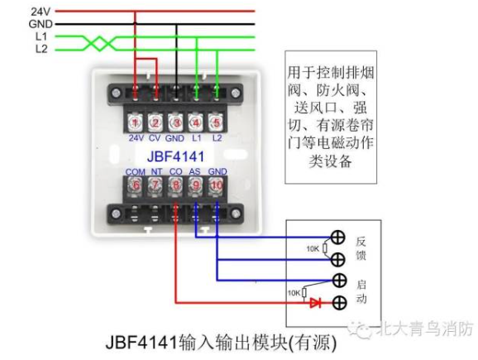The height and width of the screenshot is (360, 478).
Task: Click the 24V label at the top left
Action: [x=41, y=12]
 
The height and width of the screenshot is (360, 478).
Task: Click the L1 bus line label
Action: [x=41, y=36]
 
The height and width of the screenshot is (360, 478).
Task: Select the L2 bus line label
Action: [x=41, y=49]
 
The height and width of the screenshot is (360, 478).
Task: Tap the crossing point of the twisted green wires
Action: [x=99, y=43]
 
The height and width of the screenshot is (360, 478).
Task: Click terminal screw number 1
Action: [x=135, y=122]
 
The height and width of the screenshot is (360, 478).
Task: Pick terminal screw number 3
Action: [x=176, y=122]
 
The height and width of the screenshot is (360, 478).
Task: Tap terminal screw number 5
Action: [x=217, y=122]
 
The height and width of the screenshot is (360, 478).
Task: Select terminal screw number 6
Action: [x=135, y=185]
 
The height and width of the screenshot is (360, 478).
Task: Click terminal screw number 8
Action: [x=176, y=185]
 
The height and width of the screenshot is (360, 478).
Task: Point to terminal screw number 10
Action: [x=217, y=185]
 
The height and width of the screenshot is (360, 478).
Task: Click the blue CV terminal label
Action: [x=155, y=138]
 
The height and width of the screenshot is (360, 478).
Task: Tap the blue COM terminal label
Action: [x=135, y=172]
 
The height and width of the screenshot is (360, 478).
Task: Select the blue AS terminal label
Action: [x=195, y=171]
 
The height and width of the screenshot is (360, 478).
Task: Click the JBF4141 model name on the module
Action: [x=175, y=156]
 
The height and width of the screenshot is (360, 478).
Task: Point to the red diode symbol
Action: [x=315, y=303]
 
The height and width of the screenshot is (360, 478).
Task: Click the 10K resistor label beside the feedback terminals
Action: [x=313, y=249]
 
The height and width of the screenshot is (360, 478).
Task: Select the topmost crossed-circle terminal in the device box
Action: [x=337, y=238]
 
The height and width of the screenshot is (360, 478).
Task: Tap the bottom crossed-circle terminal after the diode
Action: [x=339, y=303]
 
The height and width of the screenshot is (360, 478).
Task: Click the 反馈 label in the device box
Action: [x=361, y=248]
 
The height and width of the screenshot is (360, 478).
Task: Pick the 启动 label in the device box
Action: [x=361, y=291]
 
